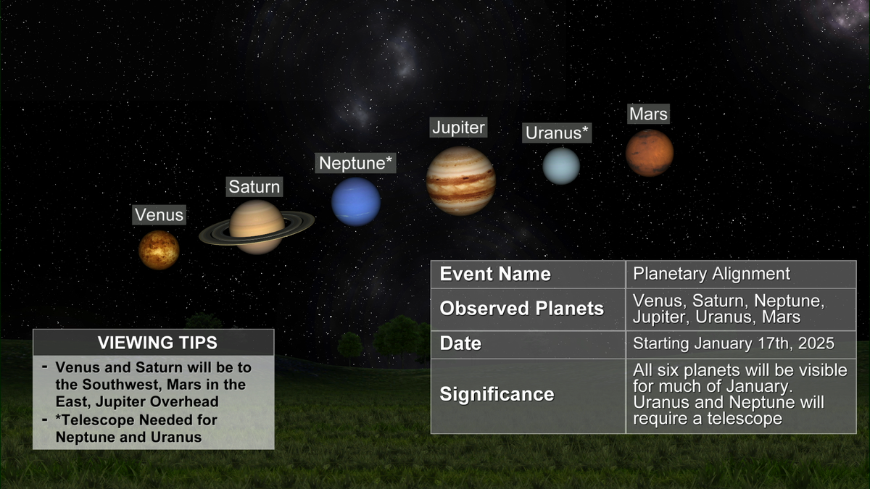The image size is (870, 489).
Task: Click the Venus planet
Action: (159, 250)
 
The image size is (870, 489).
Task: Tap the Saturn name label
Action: (254, 187)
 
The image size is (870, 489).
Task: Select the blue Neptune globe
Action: (356, 202)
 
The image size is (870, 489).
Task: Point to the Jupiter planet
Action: (461, 181)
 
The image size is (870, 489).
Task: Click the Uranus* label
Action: (557, 133)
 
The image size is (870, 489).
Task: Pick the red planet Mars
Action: (650, 153)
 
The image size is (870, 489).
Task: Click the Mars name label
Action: (649, 114)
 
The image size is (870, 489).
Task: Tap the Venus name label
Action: (159, 215)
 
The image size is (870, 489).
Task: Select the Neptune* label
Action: (356, 163)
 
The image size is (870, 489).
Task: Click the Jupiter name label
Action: (458, 128)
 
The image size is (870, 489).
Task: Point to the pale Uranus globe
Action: (561, 166)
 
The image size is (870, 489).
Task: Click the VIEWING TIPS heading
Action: (158, 343)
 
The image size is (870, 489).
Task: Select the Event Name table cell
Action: (495, 274)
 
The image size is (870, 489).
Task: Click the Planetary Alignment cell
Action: (711, 274)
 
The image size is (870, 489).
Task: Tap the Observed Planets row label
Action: (521, 309)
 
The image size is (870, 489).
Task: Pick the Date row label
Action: (460, 343)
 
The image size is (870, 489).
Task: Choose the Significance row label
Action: (497, 394)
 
